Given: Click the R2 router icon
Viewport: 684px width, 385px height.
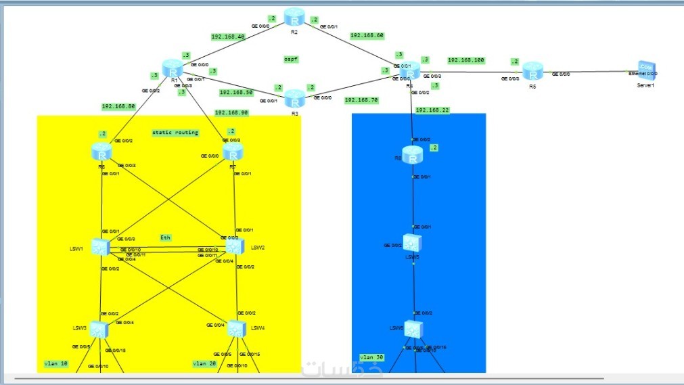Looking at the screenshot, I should [295, 17].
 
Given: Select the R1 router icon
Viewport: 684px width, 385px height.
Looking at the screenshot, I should [174, 70].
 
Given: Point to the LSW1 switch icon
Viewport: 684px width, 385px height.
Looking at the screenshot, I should [101, 248].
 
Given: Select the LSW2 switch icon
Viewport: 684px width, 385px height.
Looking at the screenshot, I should [234, 247].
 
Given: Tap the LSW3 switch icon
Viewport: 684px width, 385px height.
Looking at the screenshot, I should [100, 330].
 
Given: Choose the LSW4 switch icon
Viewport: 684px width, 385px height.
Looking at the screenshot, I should [235, 328].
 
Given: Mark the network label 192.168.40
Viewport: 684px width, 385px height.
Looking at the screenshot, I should [228, 37].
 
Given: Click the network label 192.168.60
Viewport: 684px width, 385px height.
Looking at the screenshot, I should [367, 35].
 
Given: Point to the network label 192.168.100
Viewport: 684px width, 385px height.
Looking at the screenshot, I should [466, 60].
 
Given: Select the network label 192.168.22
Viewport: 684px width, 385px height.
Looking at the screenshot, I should [432, 110].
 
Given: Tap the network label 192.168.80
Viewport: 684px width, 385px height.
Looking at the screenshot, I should [118, 106].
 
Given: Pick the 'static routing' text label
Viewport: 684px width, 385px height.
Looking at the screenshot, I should [175, 133].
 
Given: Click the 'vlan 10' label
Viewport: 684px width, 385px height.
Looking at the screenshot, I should [56, 363].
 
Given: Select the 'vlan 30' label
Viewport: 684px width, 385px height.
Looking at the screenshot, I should [371, 357].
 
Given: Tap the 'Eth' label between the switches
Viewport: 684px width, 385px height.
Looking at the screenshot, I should [166, 237].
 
